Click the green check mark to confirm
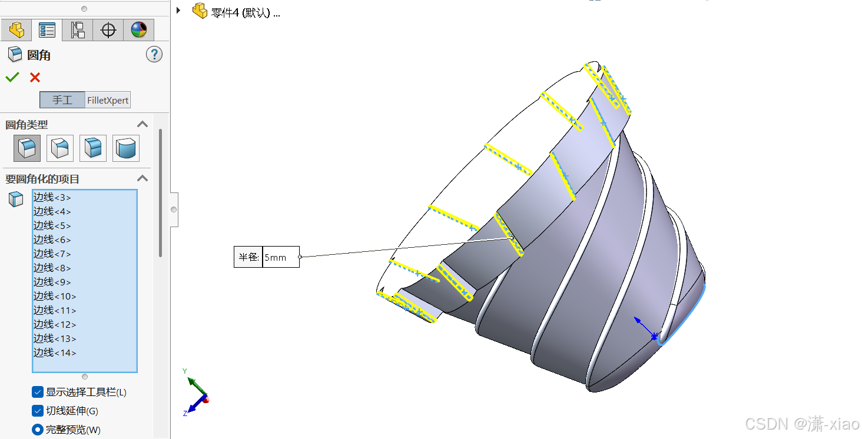[x=12, y=77]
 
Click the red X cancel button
[x=35, y=77]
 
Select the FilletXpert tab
[x=108, y=100]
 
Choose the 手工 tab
[x=62, y=100]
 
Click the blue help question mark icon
[x=154, y=55]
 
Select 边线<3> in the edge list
[x=52, y=197]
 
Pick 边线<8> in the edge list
[x=52, y=268]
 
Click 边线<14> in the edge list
[x=55, y=352]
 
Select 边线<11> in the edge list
[x=55, y=310]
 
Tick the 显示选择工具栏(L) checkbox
[x=38, y=392]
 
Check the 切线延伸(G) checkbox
[x=38, y=411]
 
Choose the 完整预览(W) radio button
[x=38, y=430]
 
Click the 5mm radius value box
[x=280, y=257]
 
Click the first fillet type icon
[x=27, y=148]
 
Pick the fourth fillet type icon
[x=126, y=148]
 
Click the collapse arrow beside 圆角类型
[x=142, y=124]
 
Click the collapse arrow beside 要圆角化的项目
[x=142, y=178]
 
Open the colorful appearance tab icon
[x=139, y=30]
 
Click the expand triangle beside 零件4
[x=178, y=11]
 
